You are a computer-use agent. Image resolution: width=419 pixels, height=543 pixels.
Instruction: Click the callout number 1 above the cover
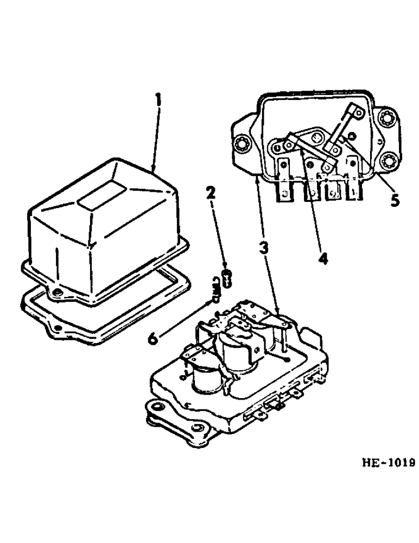point(157,101)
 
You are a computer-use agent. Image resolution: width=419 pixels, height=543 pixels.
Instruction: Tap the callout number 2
point(211,194)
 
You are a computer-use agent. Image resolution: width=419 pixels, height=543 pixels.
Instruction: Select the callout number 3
point(263,249)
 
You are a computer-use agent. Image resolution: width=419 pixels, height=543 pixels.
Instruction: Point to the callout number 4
point(323,258)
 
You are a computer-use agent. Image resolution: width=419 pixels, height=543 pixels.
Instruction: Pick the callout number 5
point(395,200)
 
